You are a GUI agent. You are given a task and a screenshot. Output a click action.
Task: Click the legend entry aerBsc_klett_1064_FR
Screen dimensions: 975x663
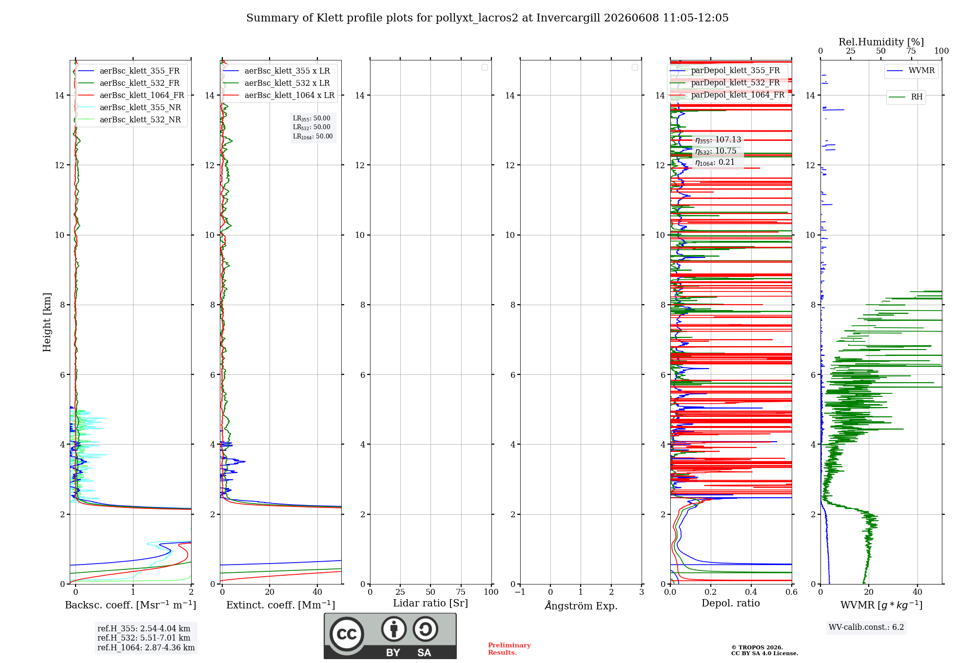tap(131, 96)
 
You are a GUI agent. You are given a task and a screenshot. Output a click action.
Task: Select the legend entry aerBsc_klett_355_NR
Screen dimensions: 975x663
tap(129, 108)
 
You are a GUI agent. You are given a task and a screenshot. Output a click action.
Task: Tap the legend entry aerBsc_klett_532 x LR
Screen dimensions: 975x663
tap(276, 83)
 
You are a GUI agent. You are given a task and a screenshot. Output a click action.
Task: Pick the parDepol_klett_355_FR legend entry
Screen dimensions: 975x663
tap(725, 71)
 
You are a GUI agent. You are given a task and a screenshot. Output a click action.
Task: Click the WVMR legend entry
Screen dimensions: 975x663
tap(911, 71)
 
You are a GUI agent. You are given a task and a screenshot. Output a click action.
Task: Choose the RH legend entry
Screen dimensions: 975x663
tap(906, 97)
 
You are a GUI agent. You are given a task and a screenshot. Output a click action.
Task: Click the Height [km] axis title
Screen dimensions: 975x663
tap(47, 322)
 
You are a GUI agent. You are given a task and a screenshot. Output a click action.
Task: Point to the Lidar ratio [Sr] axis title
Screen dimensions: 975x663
tap(430, 603)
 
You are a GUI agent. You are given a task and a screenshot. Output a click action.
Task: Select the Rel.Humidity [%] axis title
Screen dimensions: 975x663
tap(881, 42)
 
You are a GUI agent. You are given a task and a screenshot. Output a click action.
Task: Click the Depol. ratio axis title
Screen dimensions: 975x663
tap(731, 603)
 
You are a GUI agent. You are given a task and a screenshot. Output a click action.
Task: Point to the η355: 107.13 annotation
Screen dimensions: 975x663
tap(718, 140)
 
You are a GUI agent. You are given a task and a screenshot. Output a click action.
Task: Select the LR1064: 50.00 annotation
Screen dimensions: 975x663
tap(312, 136)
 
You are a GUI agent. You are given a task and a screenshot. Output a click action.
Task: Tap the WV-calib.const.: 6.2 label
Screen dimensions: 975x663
tap(866, 627)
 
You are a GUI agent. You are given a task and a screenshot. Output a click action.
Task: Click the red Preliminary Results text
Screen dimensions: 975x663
tap(509, 649)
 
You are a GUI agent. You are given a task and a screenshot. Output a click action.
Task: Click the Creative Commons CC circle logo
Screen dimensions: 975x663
tap(347, 634)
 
